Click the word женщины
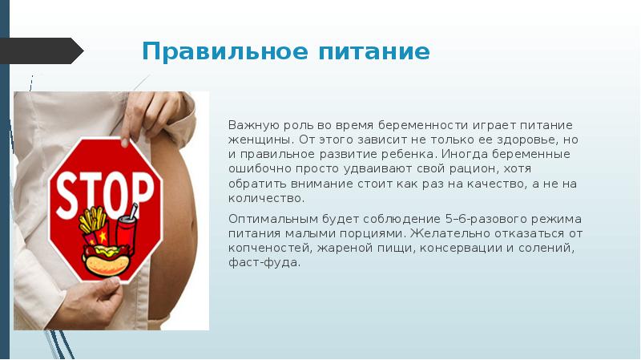(256, 139)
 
